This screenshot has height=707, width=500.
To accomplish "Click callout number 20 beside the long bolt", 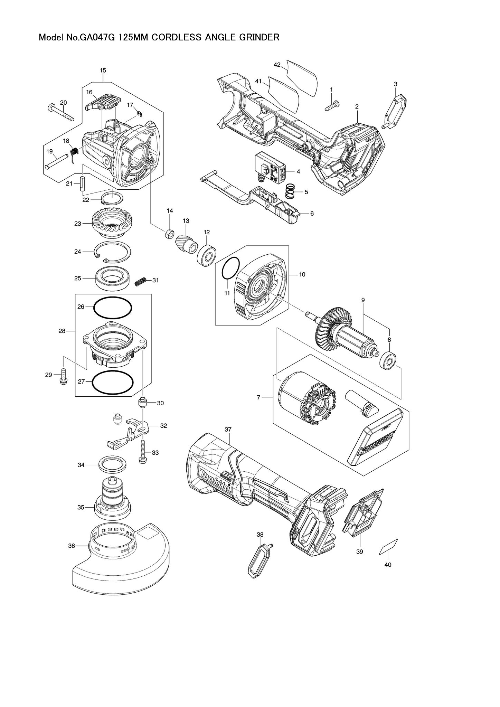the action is [63, 103].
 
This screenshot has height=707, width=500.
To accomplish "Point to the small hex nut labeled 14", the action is [169, 234].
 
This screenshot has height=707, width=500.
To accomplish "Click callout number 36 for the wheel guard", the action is [72, 546].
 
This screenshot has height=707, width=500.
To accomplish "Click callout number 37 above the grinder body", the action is [228, 429].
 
